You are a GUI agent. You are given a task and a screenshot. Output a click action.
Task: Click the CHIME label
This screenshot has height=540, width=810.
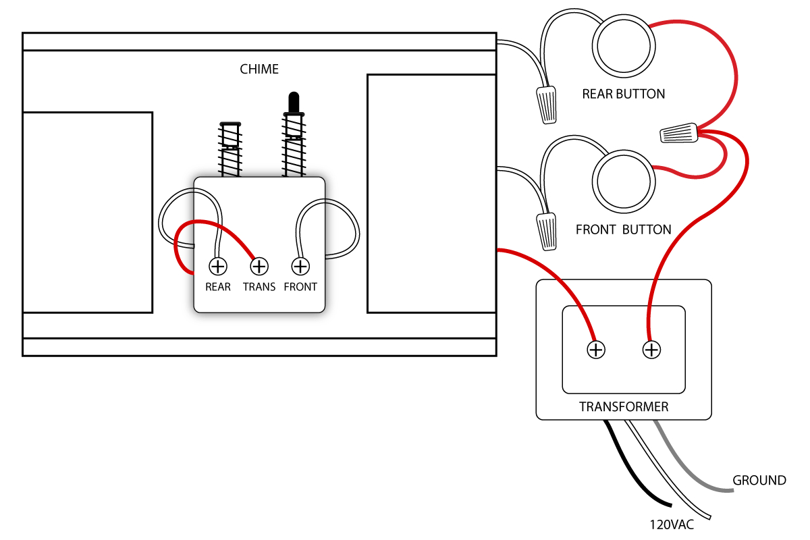[259, 69]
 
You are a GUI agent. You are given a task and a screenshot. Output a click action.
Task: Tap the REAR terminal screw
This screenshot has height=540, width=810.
[217, 267]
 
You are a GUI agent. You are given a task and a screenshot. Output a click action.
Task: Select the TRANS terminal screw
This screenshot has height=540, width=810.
[259, 267]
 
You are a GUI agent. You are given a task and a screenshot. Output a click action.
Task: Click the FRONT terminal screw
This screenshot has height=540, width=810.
[300, 267]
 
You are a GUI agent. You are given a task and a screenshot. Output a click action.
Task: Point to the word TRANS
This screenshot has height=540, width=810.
[259, 287]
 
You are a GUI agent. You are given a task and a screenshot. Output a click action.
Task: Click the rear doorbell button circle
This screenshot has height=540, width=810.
[624, 47]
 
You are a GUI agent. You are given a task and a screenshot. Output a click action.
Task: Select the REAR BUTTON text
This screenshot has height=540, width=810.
[624, 94]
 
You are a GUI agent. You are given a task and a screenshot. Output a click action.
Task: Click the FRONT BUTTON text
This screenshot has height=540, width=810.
[623, 230]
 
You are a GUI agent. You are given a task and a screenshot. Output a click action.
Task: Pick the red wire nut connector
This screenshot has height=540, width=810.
[678, 133]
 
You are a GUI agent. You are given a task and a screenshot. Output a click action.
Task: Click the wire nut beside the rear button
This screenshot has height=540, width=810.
[547, 105]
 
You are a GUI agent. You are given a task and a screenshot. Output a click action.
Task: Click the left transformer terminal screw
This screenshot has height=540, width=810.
[596, 350]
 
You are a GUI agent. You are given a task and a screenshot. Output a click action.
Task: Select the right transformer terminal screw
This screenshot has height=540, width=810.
[651, 350]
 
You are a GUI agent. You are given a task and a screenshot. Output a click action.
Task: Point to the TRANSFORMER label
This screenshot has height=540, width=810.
[624, 407]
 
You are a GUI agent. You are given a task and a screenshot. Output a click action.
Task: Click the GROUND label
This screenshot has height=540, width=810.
[759, 481]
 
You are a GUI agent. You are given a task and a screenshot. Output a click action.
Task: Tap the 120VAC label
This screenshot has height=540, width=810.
[672, 524]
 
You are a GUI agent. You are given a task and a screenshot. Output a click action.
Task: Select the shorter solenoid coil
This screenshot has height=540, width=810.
[230, 152]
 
